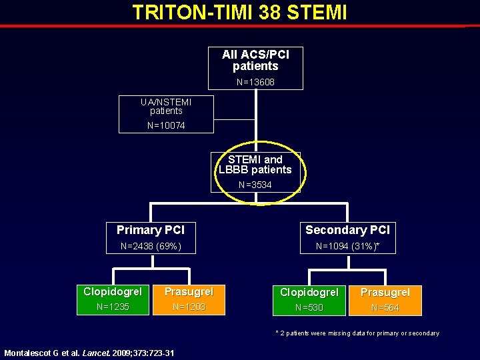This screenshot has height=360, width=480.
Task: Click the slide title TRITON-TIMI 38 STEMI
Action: pos(239,13)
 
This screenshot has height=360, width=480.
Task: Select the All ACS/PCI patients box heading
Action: pos(255,60)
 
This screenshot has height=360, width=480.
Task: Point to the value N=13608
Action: pos(255,83)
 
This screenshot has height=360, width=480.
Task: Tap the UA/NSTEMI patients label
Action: pos(166,107)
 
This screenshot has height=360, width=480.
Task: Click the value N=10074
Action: pos(166,125)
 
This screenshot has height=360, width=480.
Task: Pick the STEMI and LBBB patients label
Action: pos(255,165)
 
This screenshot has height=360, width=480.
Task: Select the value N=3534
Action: pos(255,185)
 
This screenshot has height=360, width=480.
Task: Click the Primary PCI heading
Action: pos(151,230)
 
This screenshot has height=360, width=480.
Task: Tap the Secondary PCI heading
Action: pos(347,230)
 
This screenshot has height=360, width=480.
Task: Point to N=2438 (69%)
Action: pos(151,247)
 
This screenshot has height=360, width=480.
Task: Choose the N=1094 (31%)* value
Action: pos(347,247)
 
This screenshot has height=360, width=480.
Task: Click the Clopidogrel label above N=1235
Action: pos(113,292)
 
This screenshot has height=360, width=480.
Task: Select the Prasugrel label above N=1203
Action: pos(189,292)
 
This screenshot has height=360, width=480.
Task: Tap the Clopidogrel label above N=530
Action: pos(309,292)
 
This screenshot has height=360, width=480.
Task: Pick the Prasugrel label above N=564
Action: pos(385,292)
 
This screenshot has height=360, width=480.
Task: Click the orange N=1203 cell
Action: pos(189,307)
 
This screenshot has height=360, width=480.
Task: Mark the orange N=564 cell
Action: pos(385,307)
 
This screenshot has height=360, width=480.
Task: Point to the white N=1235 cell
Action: pos(113,307)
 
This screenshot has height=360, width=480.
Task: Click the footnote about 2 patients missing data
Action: pos(357,333)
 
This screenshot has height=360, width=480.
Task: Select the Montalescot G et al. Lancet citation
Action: pos(89,353)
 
